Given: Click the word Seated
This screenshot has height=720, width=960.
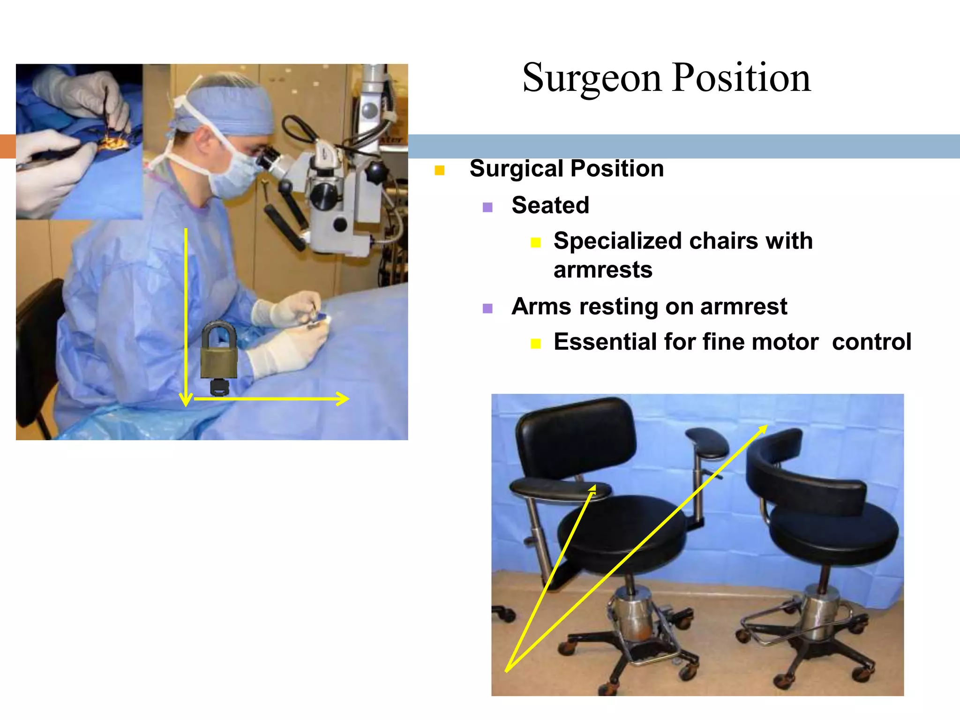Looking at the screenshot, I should [x=550, y=205].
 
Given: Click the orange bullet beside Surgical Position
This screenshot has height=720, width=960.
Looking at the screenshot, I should [x=439, y=170].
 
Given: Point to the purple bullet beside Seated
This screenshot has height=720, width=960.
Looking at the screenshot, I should [x=487, y=207].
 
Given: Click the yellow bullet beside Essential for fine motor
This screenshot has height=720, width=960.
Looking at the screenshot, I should [x=536, y=344].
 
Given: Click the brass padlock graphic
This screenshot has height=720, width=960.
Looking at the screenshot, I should [x=219, y=352].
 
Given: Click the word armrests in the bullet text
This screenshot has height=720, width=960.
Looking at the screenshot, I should [x=603, y=270].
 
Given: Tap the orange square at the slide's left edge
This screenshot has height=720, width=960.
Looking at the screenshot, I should [x=7, y=146].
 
